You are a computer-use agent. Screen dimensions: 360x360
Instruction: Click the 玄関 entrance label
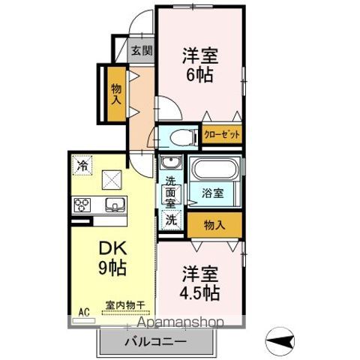(142, 51)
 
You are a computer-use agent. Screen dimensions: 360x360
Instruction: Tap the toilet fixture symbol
(183, 137)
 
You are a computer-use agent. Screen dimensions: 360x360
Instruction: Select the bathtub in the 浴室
(215, 169)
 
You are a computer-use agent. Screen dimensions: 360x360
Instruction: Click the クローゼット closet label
(222, 135)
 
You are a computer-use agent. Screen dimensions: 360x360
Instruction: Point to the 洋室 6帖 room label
(200, 65)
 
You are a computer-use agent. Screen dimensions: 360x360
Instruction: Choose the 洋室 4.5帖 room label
(200, 283)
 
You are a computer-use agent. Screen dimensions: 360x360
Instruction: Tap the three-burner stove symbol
(82, 205)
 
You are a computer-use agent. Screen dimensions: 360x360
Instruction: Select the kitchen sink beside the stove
(115, 205)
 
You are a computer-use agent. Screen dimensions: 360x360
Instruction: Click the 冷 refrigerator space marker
(82, 165)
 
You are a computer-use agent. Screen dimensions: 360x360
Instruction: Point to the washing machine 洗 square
(171, 220)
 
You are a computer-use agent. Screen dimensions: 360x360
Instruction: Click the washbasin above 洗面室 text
(171, 163)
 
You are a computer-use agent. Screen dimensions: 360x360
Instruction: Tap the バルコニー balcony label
(155, 341)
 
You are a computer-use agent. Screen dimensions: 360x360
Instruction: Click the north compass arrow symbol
(280, 341)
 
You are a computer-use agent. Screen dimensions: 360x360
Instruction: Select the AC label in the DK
(84, 312)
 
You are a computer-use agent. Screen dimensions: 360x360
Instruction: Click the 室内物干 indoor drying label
(125, 305)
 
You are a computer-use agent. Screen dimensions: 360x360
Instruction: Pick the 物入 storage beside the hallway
(116, 94)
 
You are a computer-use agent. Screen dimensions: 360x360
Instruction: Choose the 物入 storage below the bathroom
(214, 225)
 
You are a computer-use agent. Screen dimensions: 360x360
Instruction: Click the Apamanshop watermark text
(181, 322)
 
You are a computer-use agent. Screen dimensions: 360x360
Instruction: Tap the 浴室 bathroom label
(212, 193)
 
